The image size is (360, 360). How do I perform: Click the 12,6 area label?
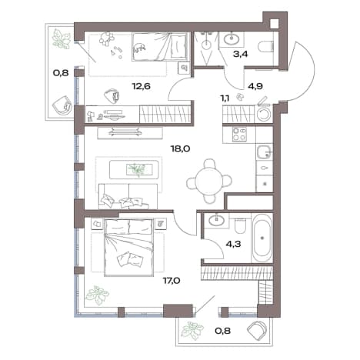141,86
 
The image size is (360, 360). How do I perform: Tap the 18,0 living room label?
180,148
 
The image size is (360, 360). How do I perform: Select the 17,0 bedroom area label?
172,281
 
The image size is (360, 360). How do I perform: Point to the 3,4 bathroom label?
240,54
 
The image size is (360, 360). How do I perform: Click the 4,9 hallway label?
255,86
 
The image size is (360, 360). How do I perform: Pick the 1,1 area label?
225,98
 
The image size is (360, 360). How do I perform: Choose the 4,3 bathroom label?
233,244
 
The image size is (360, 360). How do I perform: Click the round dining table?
209,182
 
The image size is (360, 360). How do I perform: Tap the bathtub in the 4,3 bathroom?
262,238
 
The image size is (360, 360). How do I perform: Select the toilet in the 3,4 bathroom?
265,47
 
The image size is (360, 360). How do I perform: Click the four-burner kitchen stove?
239,135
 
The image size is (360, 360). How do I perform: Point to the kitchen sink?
264,152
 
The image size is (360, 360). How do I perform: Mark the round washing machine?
263,114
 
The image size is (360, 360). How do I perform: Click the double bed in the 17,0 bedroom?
129,248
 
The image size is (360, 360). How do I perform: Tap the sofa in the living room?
128,196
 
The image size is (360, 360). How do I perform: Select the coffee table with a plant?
135,169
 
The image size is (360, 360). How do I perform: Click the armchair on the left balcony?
62,105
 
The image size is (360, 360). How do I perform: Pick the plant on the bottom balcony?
192,332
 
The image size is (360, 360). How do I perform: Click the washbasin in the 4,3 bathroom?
217,220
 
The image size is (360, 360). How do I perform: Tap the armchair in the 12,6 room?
112,95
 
